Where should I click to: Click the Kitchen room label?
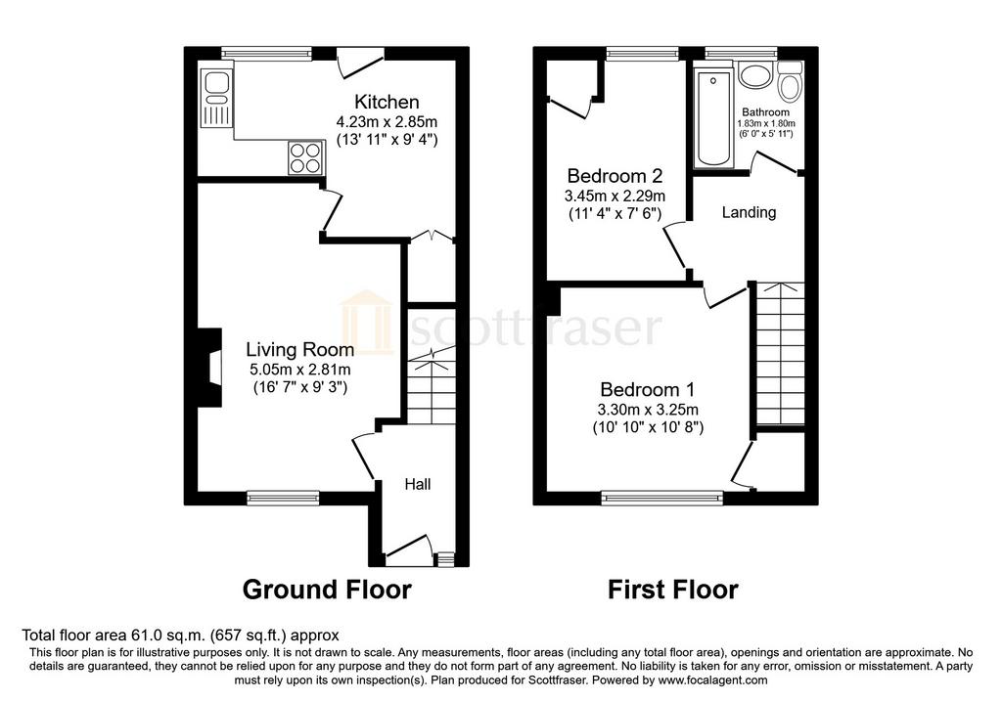[387, 102]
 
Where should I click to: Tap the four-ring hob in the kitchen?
[305, 157]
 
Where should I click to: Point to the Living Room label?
[299, 349]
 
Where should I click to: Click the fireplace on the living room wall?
[209, 367]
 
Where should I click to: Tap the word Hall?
[417, 485]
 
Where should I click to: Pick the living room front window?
[283, 498]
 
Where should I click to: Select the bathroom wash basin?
[756, 75]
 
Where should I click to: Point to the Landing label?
[749, 212]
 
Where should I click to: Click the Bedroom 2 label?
[615, 176]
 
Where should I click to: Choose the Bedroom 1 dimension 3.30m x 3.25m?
[648, 410]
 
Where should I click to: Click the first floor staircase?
[780, 354]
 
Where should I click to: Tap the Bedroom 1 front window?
[662, 498]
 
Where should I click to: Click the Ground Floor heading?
[327, 590]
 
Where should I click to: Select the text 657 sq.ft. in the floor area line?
[255, 635]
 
